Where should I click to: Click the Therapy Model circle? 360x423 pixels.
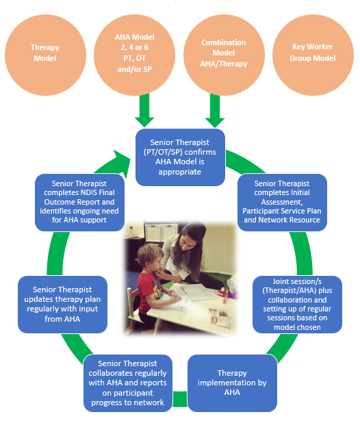[46, 53]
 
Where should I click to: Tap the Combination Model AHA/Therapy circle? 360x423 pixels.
[224, 52]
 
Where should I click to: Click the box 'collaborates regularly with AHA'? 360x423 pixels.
[128, 383]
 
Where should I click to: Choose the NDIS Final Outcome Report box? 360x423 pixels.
[75, 203]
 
